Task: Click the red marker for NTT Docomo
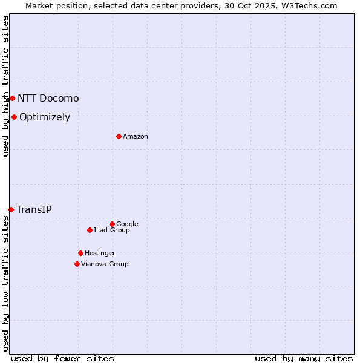click(x=12, y=98)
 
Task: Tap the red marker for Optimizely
click(x=14, y=117)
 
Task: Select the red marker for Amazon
click(x=119, y=136)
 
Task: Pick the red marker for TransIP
click(x=11, y=209)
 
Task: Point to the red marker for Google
click(x=112, y=224)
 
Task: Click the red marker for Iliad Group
click(x=90, y=230)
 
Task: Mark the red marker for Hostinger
click(x=80, y=253)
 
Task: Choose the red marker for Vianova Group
click(x=77, y=264)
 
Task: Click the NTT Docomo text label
click(x=48, y=98)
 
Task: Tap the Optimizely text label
click(x=45, y=117)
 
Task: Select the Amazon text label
click(x=136, y=136)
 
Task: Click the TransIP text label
click(x=34, y=209)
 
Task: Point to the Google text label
click(x=127, y=224)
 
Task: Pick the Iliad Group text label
click(x=112, y=230)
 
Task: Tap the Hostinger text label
click(x=100, y=253)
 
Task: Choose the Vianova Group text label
click(x=105, y=264)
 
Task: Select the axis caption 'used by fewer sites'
click(x=62, y=358)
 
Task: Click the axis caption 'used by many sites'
click(x=304, y=358)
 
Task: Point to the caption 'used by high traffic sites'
click(x=5, y=86)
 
